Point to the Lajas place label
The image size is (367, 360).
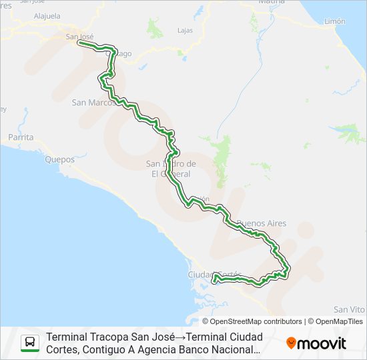point(185,31)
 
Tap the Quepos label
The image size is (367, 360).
point(60,159)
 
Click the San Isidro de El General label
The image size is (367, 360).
point(171,169)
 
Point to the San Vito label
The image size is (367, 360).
point(349,309)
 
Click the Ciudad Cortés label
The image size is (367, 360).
point(214,275)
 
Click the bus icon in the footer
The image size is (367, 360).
point(30,343)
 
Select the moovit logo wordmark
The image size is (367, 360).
point(322,343)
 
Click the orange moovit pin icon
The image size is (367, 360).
point(291,343)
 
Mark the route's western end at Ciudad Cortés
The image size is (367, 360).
point(214,280)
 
